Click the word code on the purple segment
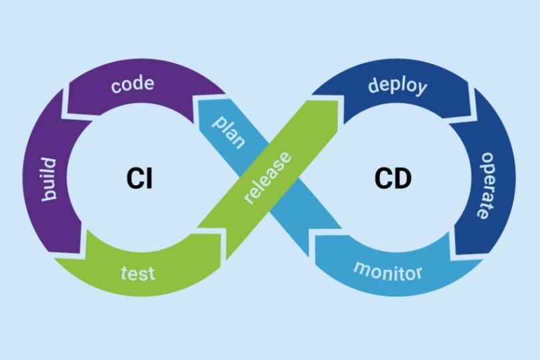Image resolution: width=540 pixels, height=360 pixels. [133, 85]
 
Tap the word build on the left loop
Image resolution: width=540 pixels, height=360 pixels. [51, 180]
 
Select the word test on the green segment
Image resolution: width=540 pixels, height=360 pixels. [138, 272]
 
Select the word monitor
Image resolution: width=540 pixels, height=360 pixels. [388, 271]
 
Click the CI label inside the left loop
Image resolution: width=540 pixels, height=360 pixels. [139, 179]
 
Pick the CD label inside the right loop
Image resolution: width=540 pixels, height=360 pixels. [393, 179]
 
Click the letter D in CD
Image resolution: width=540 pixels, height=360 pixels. [402, 179]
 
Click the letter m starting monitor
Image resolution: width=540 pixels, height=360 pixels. [361, 269]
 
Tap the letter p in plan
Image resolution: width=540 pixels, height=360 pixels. [218, 122]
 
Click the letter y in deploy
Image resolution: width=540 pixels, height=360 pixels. [420, 90]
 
